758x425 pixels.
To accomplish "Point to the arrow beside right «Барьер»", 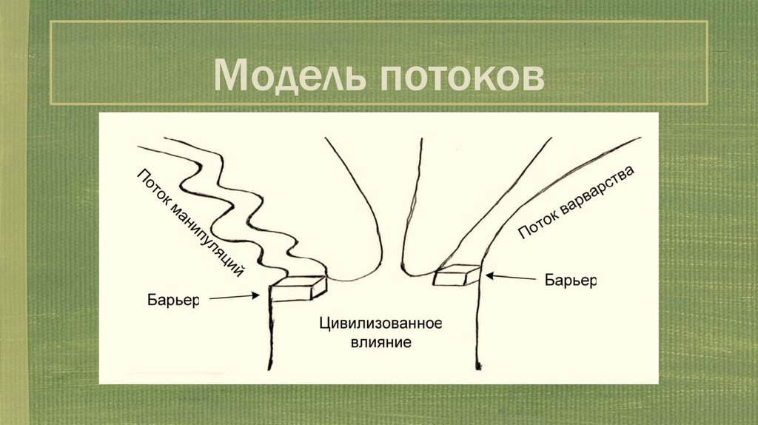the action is tap(510, 278).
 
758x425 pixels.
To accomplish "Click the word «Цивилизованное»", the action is tap(380, 324).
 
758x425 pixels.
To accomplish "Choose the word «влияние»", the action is tap(380, 343).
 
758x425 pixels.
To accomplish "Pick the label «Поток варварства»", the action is tap(576, 202).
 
